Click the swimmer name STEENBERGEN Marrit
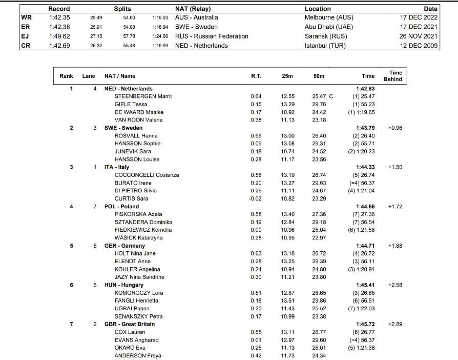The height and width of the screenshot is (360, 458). [x=143, y=96]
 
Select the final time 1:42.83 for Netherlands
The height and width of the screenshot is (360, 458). [x=365, y=89]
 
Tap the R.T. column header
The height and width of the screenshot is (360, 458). [x=256, y=76]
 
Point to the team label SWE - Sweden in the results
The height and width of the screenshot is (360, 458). [x=123, y=128]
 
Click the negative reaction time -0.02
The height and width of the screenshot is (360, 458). [x=255, y=198]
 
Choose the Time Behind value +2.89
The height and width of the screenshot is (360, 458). [x=395, y=324]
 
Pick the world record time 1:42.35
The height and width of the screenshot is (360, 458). [x=59, y=17]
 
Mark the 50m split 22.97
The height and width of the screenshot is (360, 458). [x=319, y=238]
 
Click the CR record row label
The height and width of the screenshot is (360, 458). [x=25, y=45]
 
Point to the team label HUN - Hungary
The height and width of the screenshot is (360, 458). [x=124, y=285]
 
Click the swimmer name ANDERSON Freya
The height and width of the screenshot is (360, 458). [x=138, y=355]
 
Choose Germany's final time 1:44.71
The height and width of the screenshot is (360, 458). [x=365, y=246]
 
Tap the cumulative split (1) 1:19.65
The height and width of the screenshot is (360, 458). [x=362, y=112]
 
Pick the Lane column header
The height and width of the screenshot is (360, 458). [x=89, y=76]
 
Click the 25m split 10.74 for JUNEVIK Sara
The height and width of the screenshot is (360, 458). [x=287, y=151]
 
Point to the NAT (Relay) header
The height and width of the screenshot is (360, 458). [x=193, y=9]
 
